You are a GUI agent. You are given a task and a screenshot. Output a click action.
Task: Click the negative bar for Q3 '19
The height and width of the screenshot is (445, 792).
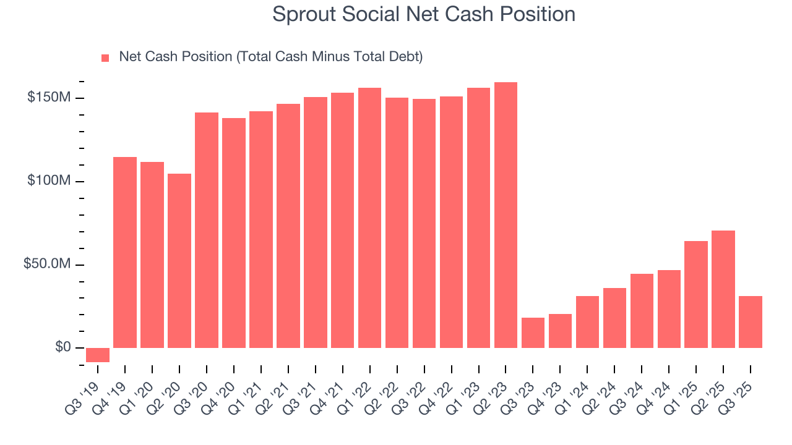click(98, 355)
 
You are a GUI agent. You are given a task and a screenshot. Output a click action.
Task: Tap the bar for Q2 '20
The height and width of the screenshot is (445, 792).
click(179, 261)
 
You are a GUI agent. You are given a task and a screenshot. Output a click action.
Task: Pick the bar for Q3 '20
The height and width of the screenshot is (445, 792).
click(207, 230)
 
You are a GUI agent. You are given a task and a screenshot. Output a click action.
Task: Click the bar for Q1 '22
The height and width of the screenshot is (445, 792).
click(369, 218)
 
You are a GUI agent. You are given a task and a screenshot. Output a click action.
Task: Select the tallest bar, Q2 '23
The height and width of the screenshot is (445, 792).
click(506, 215)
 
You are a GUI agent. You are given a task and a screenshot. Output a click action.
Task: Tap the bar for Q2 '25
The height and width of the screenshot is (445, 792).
click(723, 289)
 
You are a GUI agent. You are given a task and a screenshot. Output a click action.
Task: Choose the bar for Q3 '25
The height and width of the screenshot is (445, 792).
click(751, 322)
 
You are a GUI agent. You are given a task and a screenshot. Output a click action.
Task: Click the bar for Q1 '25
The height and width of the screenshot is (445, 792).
click(696, 294)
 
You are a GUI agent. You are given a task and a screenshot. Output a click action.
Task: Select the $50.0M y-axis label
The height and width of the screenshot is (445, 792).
click(47, 264)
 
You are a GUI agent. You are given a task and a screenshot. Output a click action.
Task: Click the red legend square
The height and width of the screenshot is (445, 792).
click(105, 57)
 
